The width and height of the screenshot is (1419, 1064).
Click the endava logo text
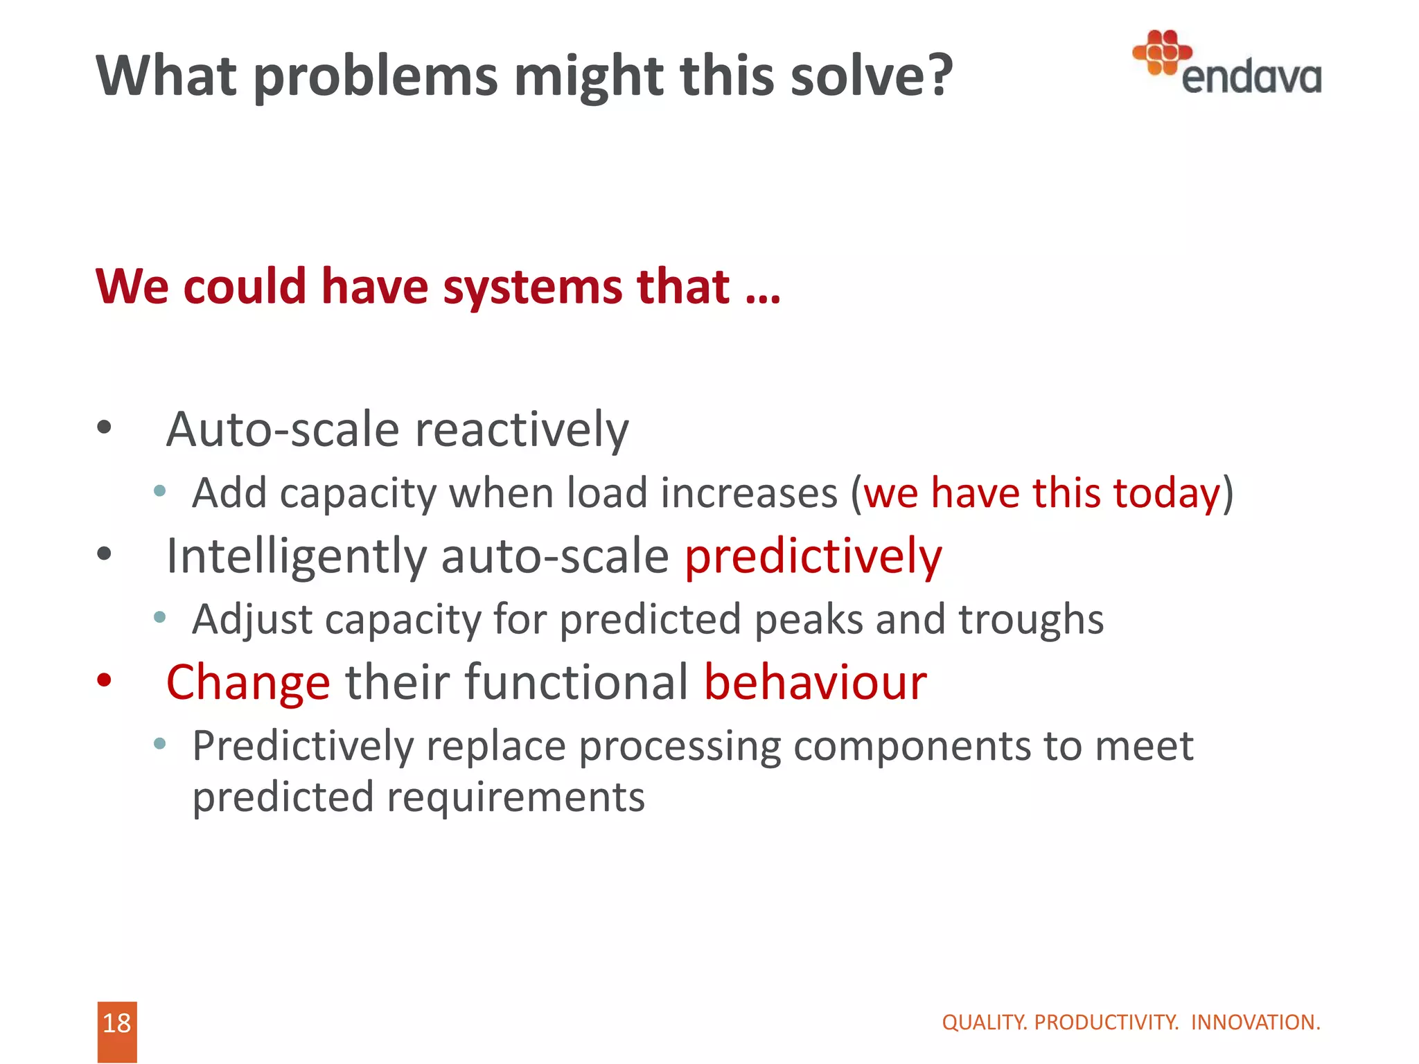click(1251, 77)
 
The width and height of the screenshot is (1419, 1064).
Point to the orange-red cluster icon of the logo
click(1162, 52)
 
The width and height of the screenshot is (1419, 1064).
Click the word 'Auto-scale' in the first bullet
click(283, 429)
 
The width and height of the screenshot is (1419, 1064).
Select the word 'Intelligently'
click(297, 557)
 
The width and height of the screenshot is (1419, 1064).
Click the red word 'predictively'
click(813, 557)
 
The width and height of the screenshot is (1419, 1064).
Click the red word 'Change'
click(248, 683)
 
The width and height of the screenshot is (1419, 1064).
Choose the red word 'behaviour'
click(815, 682)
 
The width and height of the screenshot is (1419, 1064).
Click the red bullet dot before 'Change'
click(104, 680)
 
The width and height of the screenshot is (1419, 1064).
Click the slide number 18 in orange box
click(116, 1023)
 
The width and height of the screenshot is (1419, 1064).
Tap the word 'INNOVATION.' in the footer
click(1255, 1022)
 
